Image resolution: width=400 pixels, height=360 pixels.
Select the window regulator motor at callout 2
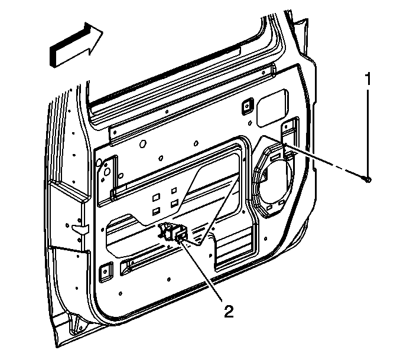click(x=175, y=234)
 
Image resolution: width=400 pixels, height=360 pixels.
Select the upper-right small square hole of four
click(x=175, y=191)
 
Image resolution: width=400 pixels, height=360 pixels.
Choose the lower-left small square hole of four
click(x=156, y=210)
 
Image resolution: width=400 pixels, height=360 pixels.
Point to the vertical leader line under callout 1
click(x=368, y=130)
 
